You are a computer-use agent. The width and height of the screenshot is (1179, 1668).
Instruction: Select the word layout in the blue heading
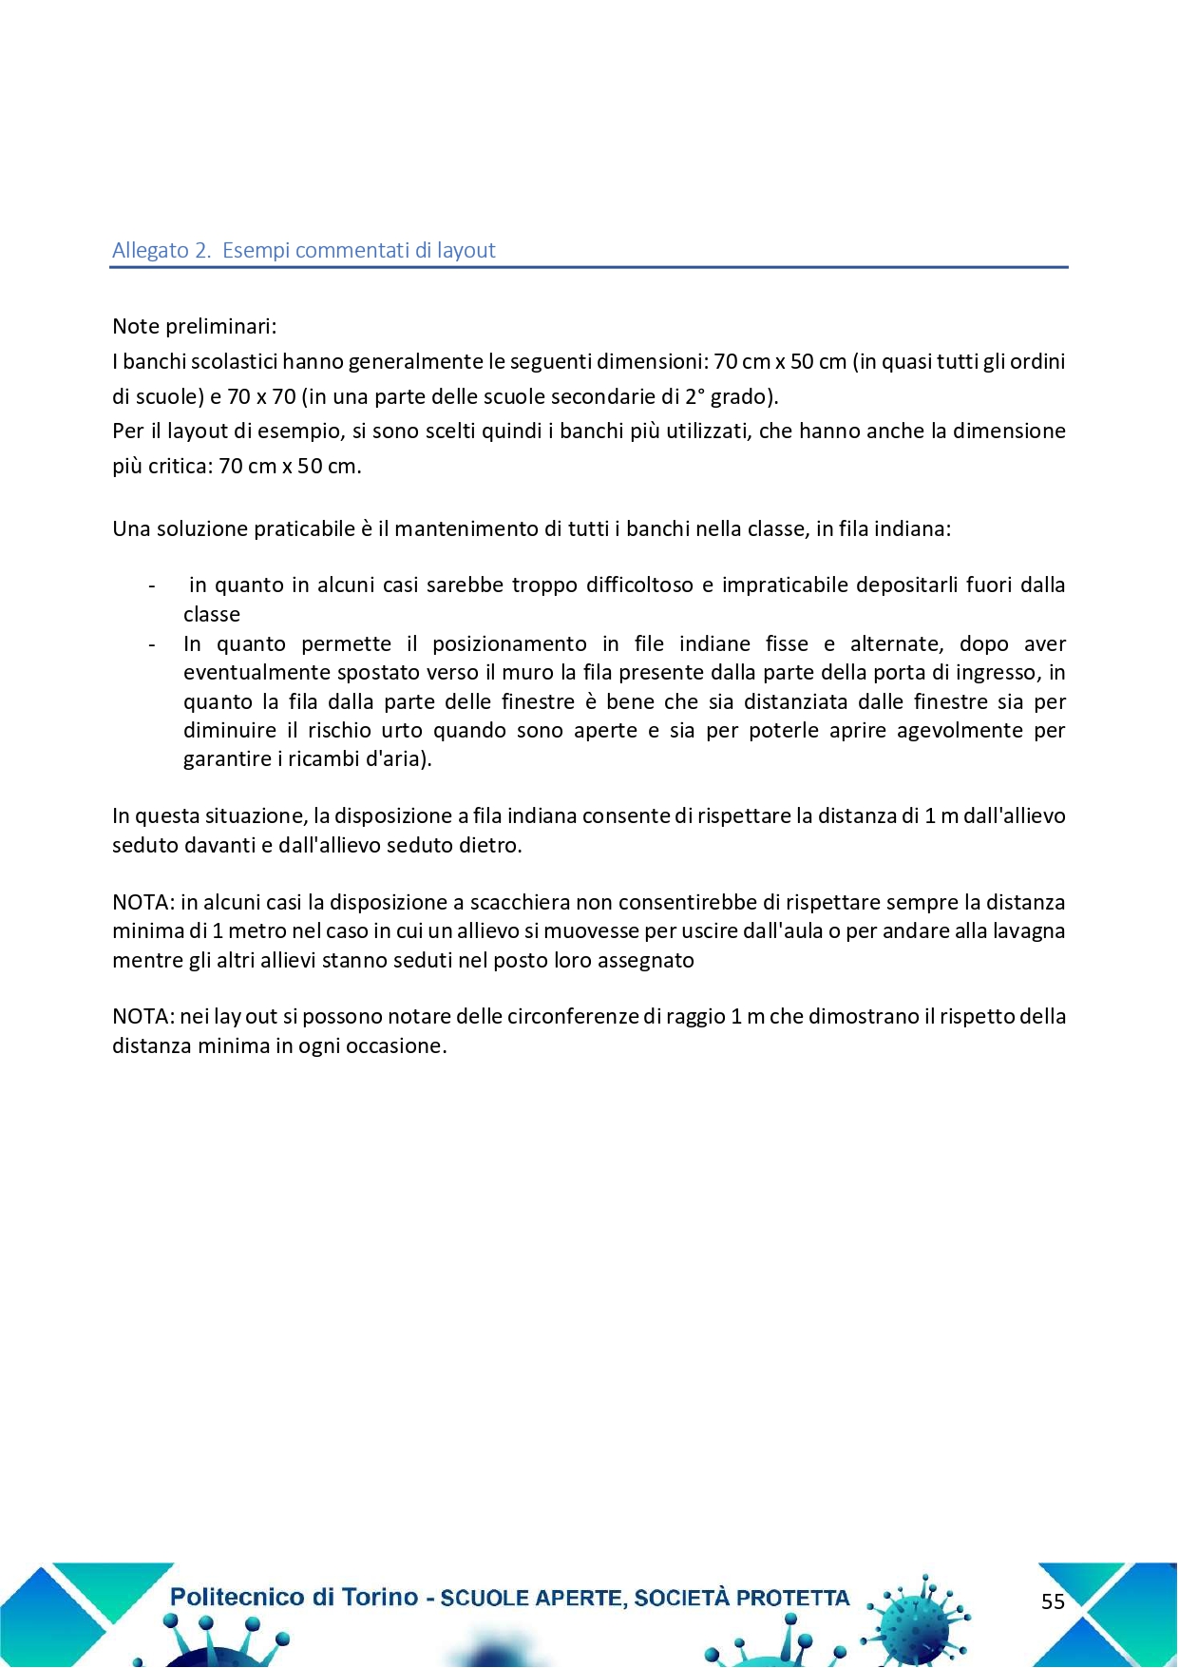(x=466, y=251)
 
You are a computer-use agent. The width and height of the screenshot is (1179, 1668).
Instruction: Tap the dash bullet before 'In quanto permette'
(x=152, y=644)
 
